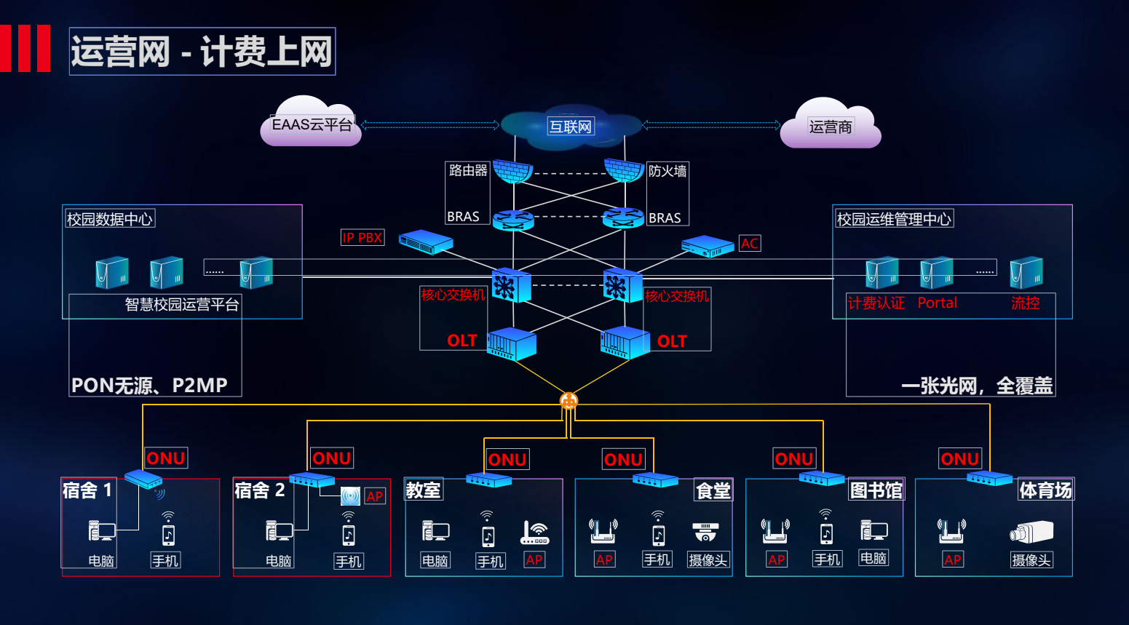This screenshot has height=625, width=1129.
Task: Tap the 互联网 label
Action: click(571, 127)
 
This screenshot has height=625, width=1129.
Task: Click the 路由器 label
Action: click(468, 170)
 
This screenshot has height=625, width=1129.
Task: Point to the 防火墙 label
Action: click(668, 171)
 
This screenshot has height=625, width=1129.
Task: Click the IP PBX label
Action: click(363, 238)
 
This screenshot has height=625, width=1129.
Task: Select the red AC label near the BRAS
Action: click(750, 244)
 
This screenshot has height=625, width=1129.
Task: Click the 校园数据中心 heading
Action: click(110, 219)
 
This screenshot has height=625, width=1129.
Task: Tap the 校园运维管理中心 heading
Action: click(894, 219)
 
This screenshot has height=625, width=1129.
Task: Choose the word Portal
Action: click(937, 303)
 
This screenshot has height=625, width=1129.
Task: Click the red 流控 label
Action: click(1025, 303)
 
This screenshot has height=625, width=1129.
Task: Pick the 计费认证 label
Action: click(876, 303)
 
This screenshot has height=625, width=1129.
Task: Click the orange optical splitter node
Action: click(569, 400)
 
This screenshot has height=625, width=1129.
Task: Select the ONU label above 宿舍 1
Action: click(166, 458)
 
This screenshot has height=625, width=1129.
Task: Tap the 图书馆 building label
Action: click(876, 490)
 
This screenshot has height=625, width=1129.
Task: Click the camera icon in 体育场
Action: click(1031, 532)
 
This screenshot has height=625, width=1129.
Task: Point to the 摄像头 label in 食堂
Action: click(708, 560)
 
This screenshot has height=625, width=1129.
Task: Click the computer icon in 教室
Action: click(435, 532)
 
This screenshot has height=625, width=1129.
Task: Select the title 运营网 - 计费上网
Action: click(202, 52)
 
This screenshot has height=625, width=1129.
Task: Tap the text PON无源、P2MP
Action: click(149, 385)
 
